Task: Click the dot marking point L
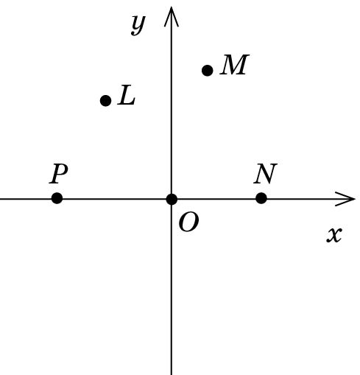coord(106,100)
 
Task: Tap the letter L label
coord(127,95)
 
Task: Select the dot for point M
coord(208,71)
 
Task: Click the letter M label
coord(235,65)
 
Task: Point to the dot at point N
coord(261,198)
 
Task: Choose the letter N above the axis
coord(266,173)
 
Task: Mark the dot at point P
coord(57,198)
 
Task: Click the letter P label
coord(58,174)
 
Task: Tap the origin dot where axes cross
coord(172,199)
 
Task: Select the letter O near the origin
coord(188,222)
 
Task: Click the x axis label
coord(334,235)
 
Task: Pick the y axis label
coord(138,25)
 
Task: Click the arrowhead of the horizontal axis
coord(345,199)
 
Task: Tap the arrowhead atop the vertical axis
coord(172,16)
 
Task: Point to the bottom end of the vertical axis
coord(172,374)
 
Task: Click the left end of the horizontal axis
coord(1,199)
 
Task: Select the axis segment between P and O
coord(114,199)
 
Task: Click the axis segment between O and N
coord(216,199)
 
